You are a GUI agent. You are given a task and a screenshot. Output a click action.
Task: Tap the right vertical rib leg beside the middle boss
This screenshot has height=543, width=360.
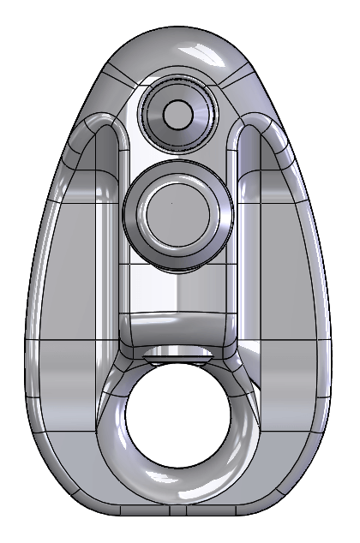(x=250, y=223)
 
